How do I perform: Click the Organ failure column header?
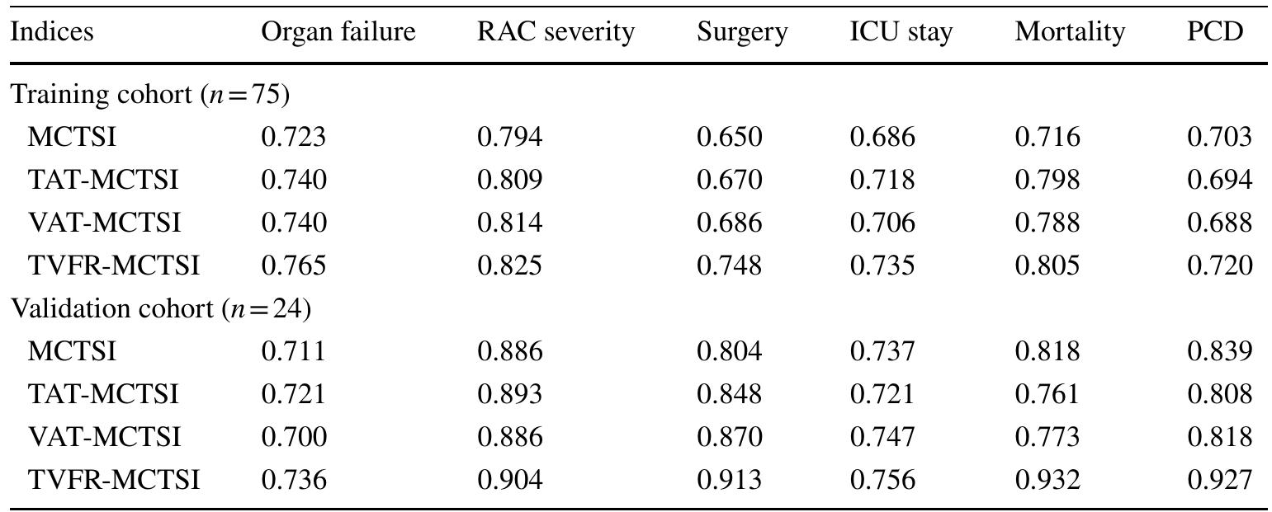click(x=338, y=32)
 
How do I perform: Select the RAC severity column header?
click(x=556, y=32)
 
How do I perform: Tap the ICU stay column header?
click(x=901, y=32)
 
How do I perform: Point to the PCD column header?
click(x=1215, y=32)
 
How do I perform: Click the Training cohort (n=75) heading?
click(x=150, y=95)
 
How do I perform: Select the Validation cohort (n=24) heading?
click(x=161, y=309)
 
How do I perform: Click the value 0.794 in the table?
click(x=509, y=137)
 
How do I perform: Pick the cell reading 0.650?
click(x=729, y=137)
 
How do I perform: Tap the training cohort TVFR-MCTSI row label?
click(x=114, y=266)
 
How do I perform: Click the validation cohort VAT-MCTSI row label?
click(x=104, y=437)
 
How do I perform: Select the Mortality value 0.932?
click(x=1047, y=480)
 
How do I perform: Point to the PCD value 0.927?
click(x=1219, y=480)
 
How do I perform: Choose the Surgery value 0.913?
click(x=729, y=480)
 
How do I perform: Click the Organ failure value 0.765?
click(x=294, y=266)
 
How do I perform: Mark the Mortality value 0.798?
click(x=1047, y=180)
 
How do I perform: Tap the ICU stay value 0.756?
click(x=882, y=480)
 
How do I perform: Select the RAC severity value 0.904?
click(x=509, y=480)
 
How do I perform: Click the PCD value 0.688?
click(x=1219, y=223)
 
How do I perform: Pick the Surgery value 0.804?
click(x=729, y=351)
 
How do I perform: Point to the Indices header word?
click(x=52, y=32)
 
